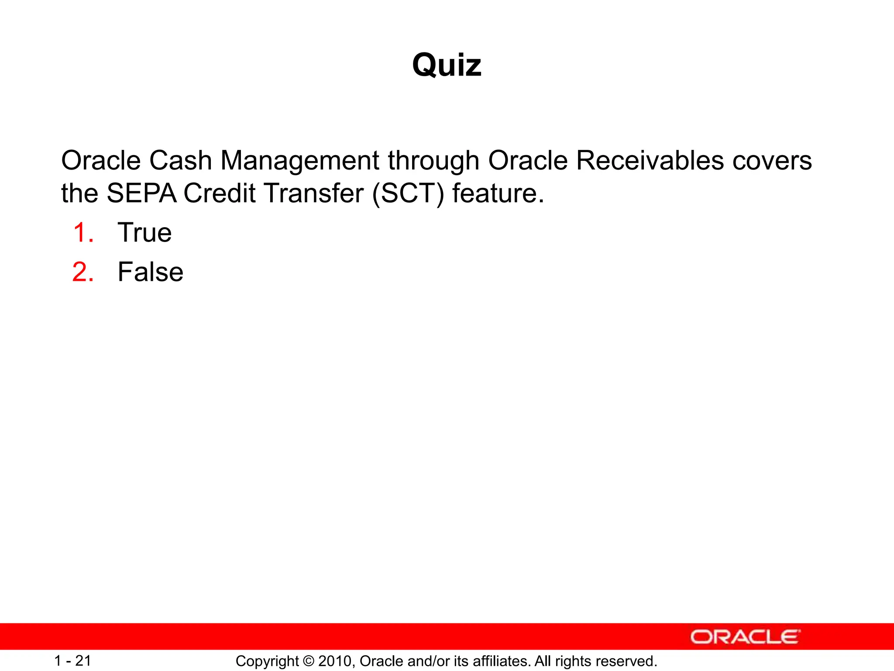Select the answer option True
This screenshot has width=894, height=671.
coord(144,232)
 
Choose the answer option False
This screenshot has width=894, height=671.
coord(150,272)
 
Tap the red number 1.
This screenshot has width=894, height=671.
coord(83,232)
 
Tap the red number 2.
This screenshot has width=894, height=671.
coord(83,272)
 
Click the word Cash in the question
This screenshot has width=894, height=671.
coord(180,160)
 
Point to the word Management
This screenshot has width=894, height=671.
coord(300,160)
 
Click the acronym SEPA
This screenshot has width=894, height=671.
coord(141,193)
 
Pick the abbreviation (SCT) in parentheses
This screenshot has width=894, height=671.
coord(408,193)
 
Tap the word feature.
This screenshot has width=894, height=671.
coord(497,193)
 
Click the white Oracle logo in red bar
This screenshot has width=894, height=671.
coord(745,637)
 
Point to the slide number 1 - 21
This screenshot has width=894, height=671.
coord(72,661)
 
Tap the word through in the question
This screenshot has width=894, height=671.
coord(433,160)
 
